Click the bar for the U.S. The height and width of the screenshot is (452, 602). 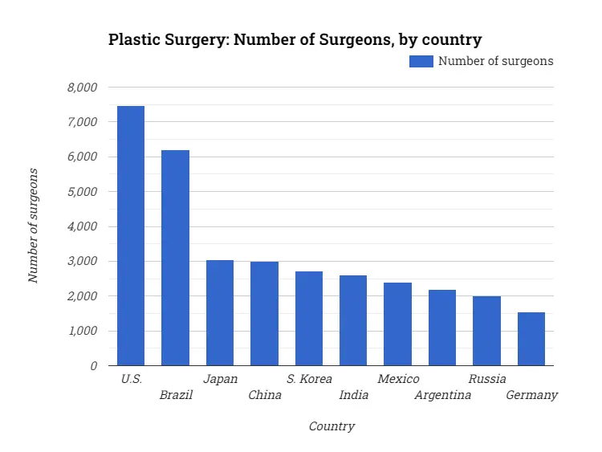pyautogui.click(x=131, y=236)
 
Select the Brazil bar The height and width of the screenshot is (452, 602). pyautogui.click(x=175, y=258)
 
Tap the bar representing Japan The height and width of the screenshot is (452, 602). pyautogui.click(x=220, y=313)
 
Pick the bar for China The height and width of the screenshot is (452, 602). pyautogui.click(x=264, y=314)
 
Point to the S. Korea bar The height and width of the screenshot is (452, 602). pyautogui.click(x=309, y=319)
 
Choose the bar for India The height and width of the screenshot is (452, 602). pyautogui.click(x=353, y=320)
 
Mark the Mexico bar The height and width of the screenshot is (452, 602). pyautogui.click(x=397, y=324)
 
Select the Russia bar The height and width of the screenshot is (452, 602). pyautogui.click(x=486, y=331)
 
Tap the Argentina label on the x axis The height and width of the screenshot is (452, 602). pyautogui.click(x=442, y=395)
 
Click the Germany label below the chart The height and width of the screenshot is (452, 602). pyautogui.click(x=531, y=395)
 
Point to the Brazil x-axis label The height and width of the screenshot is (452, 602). pyautogui.click(x=176, y=395)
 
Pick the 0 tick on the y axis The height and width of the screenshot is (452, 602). pyautogui.click(x=93, y=365)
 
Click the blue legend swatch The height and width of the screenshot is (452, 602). pyautogui.click(x=421, y=61)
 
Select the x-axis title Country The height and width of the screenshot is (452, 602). pyautogui.click(x=332, y=426)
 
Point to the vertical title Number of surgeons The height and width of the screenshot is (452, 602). pyautogui.click(x=33, y=226)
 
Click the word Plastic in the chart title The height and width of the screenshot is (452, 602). pyautogui.click(x=133, y=39)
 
